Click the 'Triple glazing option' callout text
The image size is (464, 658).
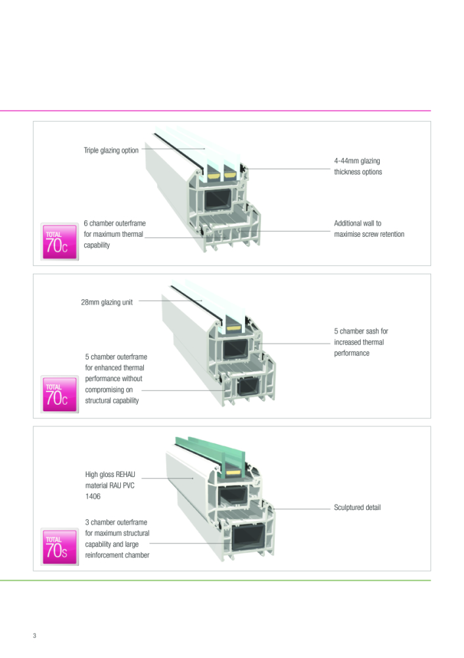pos(111,150)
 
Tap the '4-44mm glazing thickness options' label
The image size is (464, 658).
pos(357,166)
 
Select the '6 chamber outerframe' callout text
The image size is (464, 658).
pos(114,224)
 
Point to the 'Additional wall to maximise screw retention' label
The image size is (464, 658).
pos(369,229)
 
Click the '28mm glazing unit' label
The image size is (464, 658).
pos(106,303)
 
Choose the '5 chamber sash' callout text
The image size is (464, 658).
pos(361,332)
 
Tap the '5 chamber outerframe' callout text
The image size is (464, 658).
pos(116,357)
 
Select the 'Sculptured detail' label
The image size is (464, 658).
pos(357,507)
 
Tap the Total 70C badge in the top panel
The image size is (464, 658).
pos(59,241)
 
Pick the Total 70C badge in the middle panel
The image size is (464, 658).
pos(59,393)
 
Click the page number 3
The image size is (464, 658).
pos(35,636)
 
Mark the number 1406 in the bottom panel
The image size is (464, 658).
pos(93,497)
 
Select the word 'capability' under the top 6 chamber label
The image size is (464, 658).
pos(97,245)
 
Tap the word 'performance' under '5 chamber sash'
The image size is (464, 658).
pos(352,353)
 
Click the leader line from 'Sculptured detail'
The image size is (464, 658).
pos(302,509)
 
